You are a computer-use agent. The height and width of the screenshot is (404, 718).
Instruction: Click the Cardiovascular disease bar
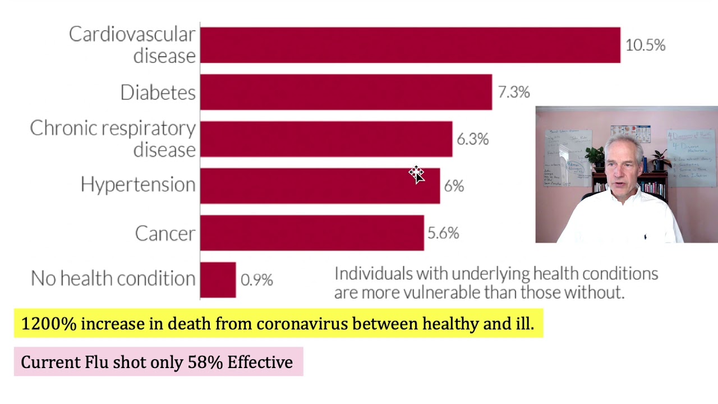tap(409, 45)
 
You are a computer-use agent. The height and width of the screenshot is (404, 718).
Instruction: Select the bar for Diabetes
tap(346, 92)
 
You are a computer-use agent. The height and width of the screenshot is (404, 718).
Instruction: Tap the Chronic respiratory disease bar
tap(325, 139)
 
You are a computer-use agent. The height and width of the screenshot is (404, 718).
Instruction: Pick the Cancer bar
tap(311, 233)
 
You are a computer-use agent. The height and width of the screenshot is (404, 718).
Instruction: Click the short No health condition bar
tap(218, 279)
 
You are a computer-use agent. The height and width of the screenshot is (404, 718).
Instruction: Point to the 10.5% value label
tap(645, 45)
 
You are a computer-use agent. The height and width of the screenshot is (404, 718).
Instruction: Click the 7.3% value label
tap(513, 92)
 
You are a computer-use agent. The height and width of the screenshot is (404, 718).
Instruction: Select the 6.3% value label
tap(472, 139)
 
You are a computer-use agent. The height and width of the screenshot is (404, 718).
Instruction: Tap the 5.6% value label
tap(443, 233)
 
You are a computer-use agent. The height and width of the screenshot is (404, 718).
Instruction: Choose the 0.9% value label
tap(256, 280)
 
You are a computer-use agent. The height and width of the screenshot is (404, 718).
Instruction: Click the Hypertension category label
tap(138, 185)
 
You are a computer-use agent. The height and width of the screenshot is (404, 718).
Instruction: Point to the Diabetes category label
tap(158, 93)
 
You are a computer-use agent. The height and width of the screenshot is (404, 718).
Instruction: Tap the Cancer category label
tap(165, 233)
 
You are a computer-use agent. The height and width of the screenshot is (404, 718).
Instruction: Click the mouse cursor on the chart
tap(416, 175)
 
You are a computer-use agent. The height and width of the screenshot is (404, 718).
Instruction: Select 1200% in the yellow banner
tap(48, 324)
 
